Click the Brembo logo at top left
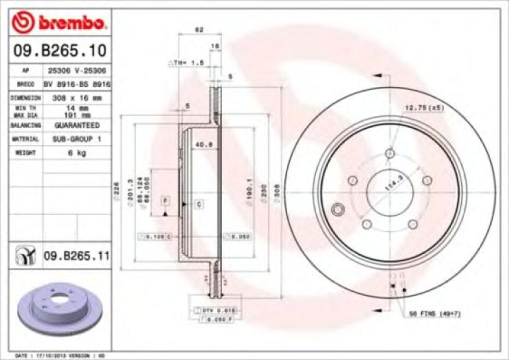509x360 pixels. point(59,22)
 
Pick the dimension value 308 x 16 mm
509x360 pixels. point(76,98)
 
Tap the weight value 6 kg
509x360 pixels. point(76,153)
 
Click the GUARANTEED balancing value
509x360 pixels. point(76,125)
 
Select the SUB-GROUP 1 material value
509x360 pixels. point(76,139)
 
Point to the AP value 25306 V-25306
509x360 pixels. point(76,71)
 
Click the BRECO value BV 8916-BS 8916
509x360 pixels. point(76,84)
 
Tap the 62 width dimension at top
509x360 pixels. point(199,30)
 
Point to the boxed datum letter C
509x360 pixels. point(198,204)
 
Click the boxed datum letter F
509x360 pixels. point(165,201)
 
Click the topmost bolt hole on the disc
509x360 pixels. point(390,153)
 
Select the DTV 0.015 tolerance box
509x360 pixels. point(218,310)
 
